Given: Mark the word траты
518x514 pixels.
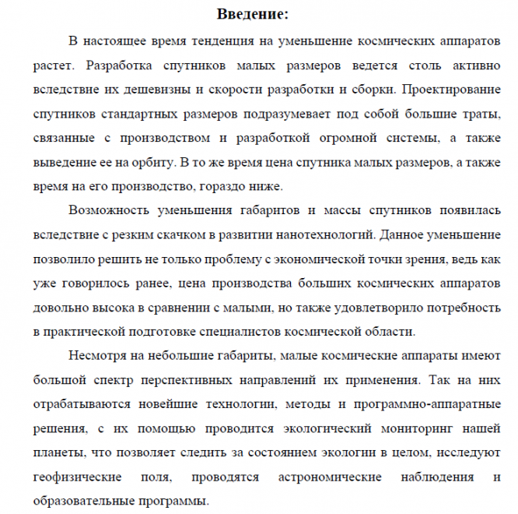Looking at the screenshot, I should click(x=483, y=114).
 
